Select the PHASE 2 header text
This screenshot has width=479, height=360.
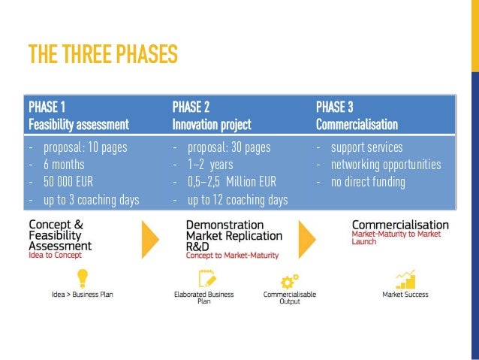click(x=191, y=106)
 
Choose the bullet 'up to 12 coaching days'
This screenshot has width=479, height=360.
click(x=237, y=199)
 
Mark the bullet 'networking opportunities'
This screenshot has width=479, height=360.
click(x=386, y=164)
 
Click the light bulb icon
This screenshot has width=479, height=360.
click(x=82, y=279)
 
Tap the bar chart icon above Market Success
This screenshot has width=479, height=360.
click(x=405, y=279)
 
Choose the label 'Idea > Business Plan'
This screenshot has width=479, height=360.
click(x=82, y=295)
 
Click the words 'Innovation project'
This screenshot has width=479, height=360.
click(x=212, y=124)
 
